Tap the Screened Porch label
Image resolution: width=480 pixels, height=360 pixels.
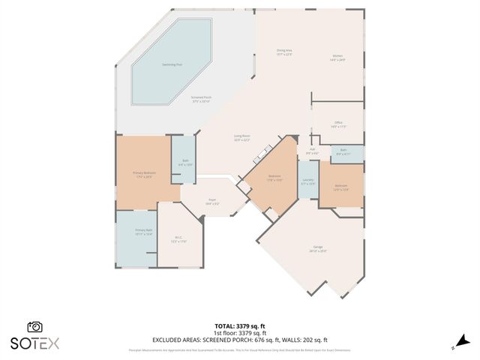[202, 100]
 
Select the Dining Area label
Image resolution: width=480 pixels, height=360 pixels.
[283, 52]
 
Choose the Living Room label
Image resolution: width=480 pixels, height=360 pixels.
[241, 139]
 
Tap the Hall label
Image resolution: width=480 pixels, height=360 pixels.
[313, 151]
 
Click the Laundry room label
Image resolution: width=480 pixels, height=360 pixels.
[307, 181]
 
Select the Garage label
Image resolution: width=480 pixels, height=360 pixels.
[318, 250]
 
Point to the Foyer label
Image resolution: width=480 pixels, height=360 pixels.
[212, 201]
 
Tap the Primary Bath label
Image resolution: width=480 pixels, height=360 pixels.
[143, 232]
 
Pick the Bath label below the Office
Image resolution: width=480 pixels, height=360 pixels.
[343, 151]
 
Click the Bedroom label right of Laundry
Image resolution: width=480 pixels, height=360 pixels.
[340, 187]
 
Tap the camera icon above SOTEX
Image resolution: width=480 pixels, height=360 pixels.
[34, 327]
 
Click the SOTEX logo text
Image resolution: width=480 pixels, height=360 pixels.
[34, 343]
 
